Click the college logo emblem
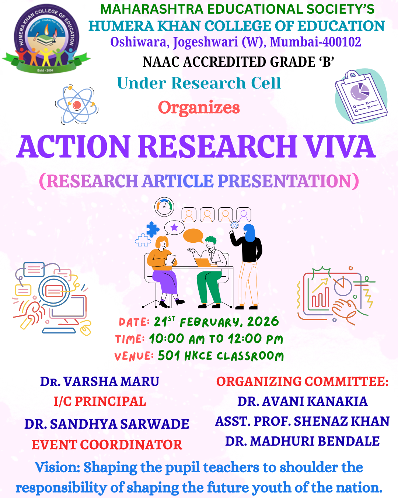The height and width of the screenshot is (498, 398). point(46,38)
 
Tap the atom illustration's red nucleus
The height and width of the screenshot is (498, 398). point(77,105)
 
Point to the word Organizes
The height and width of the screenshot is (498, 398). point(199,108)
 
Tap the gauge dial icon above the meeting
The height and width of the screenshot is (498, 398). point(164,207)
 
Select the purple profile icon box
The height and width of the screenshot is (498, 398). point(244,215)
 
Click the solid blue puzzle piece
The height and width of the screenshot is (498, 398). point(153,229)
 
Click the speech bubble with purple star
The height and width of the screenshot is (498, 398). point(174,228)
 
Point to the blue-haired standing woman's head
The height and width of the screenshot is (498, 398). point(249,232)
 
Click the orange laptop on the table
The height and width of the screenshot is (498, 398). point(203,262)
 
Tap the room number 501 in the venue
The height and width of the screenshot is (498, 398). point(168,355)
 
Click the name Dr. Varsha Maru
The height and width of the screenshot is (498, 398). point(99,381)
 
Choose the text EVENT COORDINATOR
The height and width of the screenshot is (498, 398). point(107,445)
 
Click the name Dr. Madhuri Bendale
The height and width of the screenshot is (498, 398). point(303,441)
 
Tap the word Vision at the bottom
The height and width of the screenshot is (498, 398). point(57,467)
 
